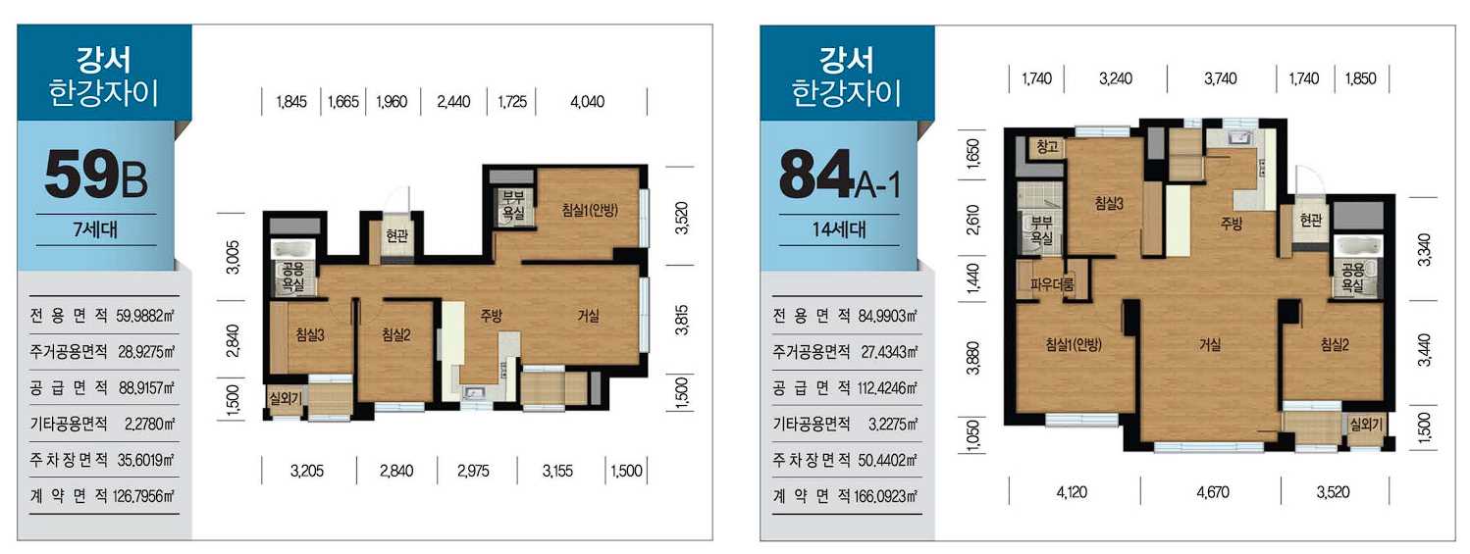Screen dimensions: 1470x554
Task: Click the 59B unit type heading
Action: click(x=96, y=175)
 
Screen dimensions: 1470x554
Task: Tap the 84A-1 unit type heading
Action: click(x=839, y=175)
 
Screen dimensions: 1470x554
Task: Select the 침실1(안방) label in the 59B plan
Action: click(x=590, y=210)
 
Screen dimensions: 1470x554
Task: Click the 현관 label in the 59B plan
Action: click(x=396, y=234)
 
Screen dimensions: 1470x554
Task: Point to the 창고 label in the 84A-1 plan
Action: click(x=1047, y=147)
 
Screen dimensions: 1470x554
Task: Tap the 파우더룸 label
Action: click(x=1052, y=284)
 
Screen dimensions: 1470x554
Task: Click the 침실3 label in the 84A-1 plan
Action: click(x=1109, y=203)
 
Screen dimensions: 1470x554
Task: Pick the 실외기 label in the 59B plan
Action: click(x=286, y=398)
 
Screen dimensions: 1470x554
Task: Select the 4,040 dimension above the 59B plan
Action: click(x=588, y=102)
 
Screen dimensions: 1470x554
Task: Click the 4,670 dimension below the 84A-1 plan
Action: click(x=1212, y=491)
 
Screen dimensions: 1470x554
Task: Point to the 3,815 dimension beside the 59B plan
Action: click(x=682, y=320)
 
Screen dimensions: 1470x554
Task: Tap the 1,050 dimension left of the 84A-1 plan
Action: click(x=972, y=435)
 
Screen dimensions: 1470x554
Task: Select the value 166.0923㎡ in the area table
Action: click(x=885, y=496)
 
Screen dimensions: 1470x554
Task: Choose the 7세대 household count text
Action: click(x=95, y=229)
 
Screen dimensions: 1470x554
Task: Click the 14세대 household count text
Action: click(x=839, y=229)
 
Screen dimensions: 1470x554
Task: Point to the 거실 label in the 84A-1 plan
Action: click(x=1210, y=344)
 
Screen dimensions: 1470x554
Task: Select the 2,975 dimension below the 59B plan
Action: click(x=473, y=471)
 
